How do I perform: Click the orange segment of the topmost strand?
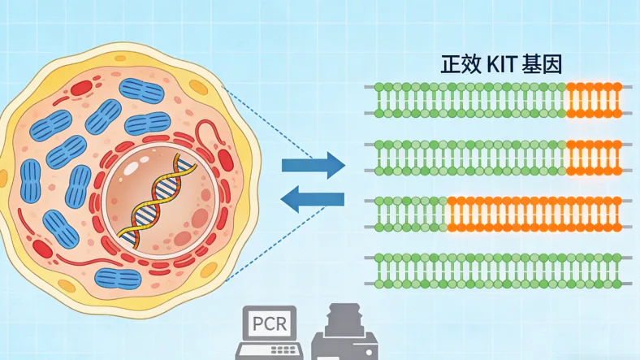[x=595, y=99]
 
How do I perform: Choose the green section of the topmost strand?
[x=471, y=99]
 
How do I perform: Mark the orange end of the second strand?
[x=595, y=158]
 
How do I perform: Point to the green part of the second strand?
[x=471, y=158]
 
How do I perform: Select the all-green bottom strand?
[x=499, y=270]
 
